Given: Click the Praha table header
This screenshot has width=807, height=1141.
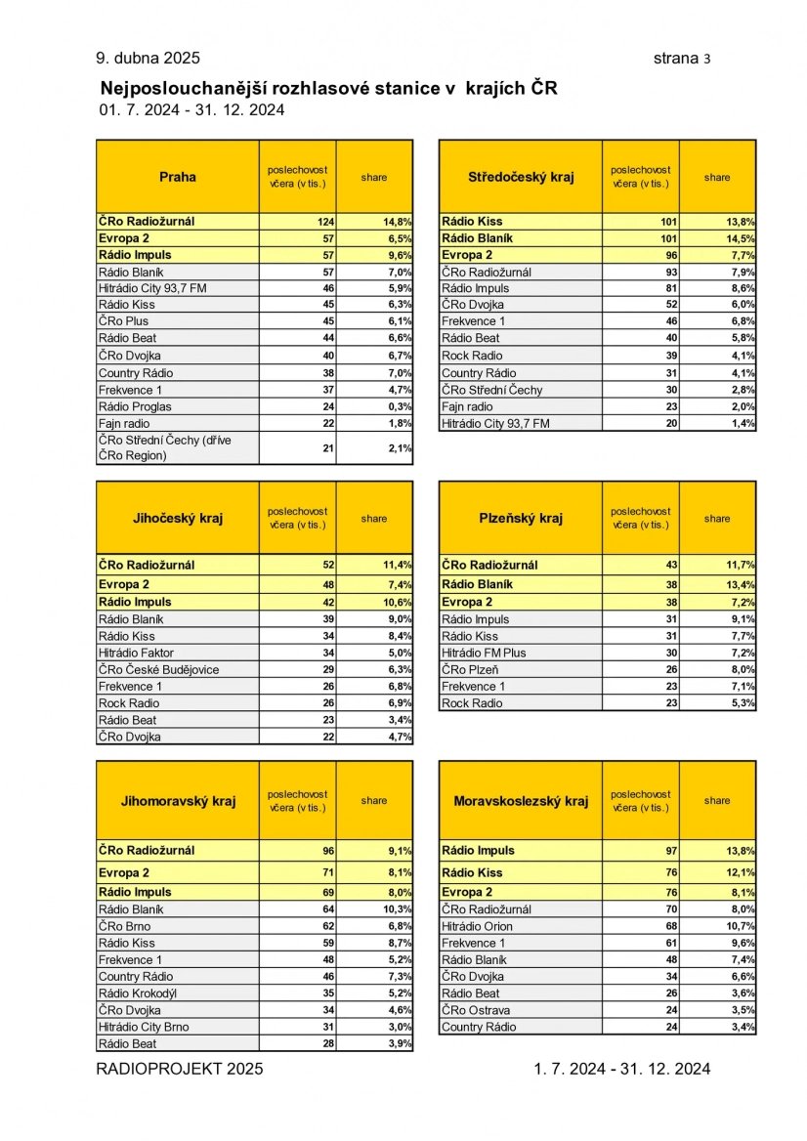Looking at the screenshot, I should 178,177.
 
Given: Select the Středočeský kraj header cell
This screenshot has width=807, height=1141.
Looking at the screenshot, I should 521,177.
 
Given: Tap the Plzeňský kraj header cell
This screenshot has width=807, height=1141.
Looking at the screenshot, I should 521,518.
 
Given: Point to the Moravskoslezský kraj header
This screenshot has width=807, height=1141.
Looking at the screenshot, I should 521,801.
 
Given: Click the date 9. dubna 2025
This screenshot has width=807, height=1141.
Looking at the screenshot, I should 148,59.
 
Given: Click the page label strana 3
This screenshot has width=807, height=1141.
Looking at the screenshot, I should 682,59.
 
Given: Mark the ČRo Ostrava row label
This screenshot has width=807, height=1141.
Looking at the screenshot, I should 476,1010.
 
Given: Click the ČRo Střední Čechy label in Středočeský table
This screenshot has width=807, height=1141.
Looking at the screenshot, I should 491,390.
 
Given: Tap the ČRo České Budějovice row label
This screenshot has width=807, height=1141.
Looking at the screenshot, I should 158,669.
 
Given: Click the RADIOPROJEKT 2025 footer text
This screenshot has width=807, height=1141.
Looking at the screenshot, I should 180,1069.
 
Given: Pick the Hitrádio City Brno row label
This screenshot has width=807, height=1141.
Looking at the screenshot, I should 144,1027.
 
